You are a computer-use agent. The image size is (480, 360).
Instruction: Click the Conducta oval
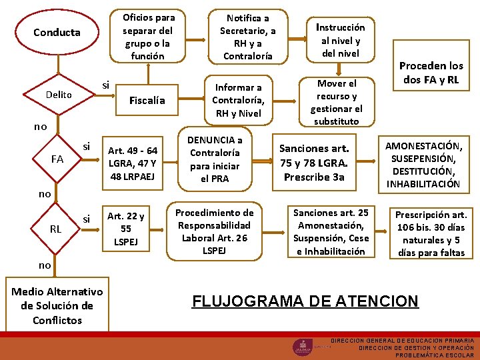point(57,32)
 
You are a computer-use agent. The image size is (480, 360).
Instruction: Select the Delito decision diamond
point(59,95)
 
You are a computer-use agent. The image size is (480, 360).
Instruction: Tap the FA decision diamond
point(57,159)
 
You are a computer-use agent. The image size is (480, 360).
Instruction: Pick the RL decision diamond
point(56,229)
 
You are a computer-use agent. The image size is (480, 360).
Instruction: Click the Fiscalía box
point(147,100)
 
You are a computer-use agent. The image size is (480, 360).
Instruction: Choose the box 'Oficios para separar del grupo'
point(147,37)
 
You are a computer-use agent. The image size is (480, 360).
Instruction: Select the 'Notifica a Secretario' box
point(247,37)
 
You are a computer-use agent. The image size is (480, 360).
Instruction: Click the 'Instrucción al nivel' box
point(340,40)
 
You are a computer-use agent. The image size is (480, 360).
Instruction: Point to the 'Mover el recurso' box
point(337,102)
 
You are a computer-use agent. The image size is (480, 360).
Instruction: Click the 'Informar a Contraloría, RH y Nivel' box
point(238,100)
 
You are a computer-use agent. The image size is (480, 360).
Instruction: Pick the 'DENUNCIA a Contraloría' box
point(215,159)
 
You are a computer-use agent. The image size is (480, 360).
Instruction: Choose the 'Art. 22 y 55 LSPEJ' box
point(126,229)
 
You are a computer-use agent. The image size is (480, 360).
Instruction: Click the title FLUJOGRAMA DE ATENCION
point(305,301)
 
